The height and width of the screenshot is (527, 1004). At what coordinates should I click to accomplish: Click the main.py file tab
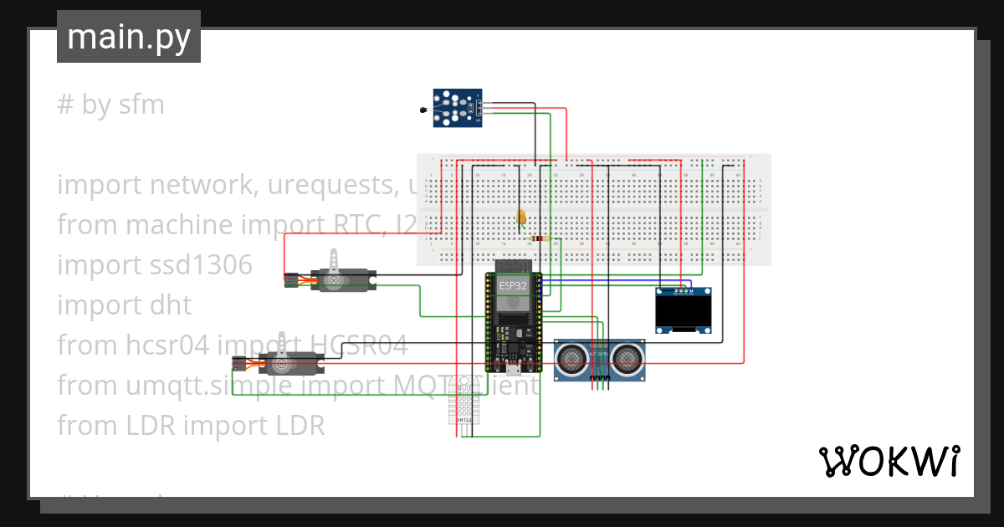[x=128, y=37]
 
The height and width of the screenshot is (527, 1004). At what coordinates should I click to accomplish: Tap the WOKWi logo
[x=889, y=461]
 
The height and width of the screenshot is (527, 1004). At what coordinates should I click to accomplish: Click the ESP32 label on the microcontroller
[x=513, y=285]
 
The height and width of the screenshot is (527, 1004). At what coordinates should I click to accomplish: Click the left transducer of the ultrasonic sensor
[x=571, y=359]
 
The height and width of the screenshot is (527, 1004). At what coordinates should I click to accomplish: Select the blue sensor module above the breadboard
[x=457, y=109]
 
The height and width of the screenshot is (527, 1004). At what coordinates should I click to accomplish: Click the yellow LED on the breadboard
[x=521, y=217]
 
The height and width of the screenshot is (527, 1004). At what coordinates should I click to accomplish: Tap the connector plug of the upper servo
[x=289, y=280]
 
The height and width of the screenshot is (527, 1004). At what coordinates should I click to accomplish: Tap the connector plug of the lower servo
[x=238, y=365]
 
